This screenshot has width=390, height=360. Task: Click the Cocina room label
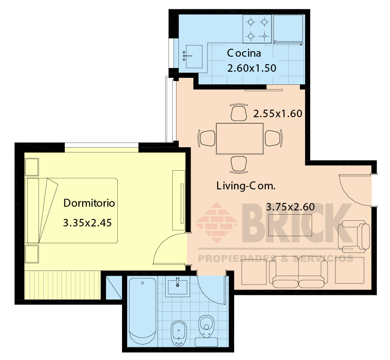244,53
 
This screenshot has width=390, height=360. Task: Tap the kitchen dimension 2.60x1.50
252,68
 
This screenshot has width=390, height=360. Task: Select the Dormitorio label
89,203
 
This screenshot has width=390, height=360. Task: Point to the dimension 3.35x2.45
87,223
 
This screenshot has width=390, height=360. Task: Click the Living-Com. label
246,186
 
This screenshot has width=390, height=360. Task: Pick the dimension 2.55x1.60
277,113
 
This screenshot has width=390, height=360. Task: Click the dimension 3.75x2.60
290,207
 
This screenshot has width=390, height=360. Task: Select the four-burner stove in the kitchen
257,29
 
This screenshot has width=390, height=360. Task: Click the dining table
240,139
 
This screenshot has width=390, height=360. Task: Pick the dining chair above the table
239,112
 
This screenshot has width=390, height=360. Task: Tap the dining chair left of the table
206,138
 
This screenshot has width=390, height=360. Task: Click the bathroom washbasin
177,287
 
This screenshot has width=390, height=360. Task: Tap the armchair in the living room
354,236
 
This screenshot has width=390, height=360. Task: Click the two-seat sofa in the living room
298,272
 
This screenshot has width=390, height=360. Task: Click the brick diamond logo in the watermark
217,223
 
